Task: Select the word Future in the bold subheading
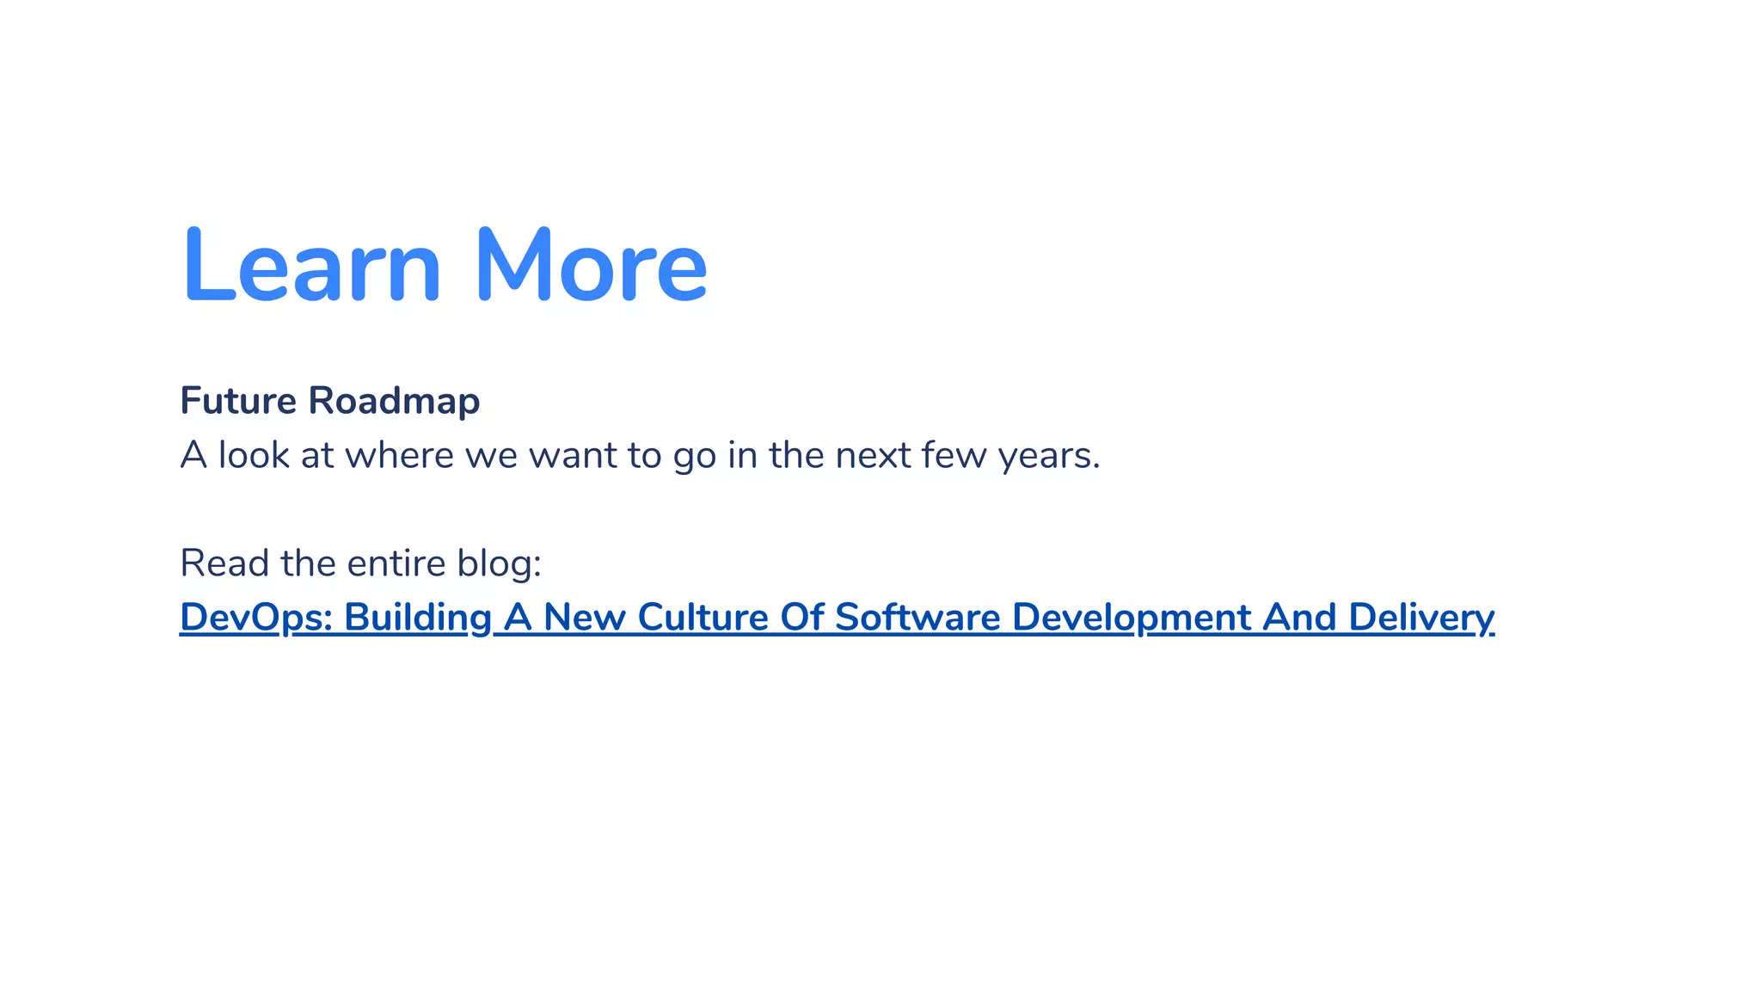point(238,401)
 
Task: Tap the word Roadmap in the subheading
point(394,401)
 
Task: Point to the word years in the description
point(1048,456)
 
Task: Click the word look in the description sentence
point(254,455)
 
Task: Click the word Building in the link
point(418,618)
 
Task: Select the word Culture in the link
point(703,618)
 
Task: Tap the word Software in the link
point(917,618)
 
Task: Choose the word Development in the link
point(1132,618)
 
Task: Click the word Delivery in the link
point(1420,618)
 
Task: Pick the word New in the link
point(585,618)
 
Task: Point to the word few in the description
point(954,455)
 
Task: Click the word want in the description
point(572,455)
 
